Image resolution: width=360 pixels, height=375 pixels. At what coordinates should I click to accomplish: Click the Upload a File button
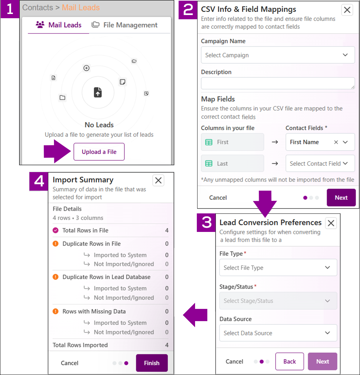click(x=99, y=151)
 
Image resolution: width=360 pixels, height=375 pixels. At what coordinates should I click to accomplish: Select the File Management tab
click(x=124, y=25)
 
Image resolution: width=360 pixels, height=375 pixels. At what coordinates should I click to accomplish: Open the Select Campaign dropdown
click(x=278, y=55)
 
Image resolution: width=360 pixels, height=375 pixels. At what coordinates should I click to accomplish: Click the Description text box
click(x=278, y=83)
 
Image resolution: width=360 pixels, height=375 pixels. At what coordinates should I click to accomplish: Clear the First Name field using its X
click(x=336, y=142)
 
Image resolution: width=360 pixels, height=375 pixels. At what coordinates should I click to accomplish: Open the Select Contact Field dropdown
click(x=320, y=163)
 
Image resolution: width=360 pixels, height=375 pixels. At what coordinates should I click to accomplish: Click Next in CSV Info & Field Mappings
click(x=341, y=198)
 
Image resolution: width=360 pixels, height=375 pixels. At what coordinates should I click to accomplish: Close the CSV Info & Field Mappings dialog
click(x=347, y=10)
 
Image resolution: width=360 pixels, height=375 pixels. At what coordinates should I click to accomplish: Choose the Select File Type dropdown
click(x=278, y=267)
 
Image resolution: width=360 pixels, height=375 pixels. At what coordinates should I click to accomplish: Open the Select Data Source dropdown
click(x=278, y=333)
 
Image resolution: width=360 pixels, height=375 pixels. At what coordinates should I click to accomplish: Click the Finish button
click(x=152, y=363)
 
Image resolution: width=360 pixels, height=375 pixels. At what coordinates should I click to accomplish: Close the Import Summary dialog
click(x=158, y=180)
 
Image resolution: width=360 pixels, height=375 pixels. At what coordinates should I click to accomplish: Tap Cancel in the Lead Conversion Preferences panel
click(x=234, y=361)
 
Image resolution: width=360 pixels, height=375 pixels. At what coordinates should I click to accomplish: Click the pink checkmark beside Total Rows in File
click(x=56, y=230)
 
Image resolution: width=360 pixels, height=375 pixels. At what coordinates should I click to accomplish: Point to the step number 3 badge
click(x=206, y=222)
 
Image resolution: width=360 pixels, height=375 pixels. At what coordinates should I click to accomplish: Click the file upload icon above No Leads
click(x=98, y=92)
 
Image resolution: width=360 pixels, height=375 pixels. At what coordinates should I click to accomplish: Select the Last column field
click(x=233, y=163)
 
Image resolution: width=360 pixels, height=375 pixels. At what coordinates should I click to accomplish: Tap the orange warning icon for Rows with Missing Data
click(x=56, y=311)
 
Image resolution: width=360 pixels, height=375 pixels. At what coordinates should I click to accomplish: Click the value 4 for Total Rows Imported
click(x=167, y=345)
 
